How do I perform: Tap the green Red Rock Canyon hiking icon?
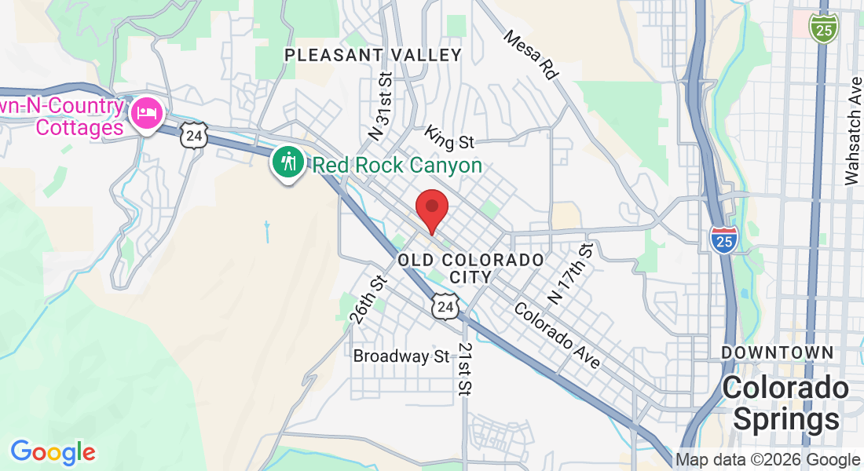click(x=289, y=163)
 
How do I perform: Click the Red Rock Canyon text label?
click(x=397, y=166)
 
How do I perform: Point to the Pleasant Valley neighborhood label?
click(x=373, y=55)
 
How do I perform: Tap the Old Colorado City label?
click(x=470, y=268)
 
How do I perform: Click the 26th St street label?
click(x=369, y=298)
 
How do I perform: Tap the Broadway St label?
click(x=401, y=356)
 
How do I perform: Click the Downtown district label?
click(x=777, y=352)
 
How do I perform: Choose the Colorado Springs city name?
click(x=785, y=403)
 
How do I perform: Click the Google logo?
click(x=53, y=452)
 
